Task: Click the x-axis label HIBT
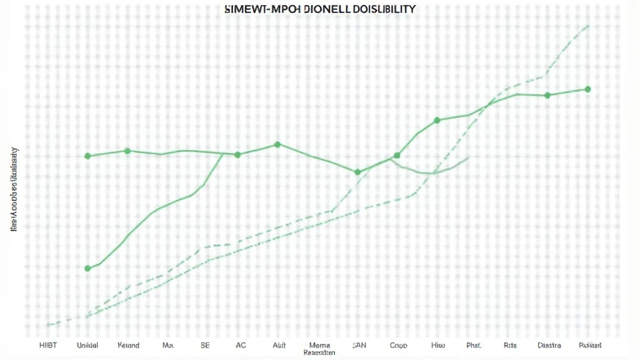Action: [x=47, y=345]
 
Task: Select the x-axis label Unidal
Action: [x=87, y=345]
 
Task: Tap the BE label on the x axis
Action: [x=205, y=345]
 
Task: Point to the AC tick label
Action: [x=241, y=345]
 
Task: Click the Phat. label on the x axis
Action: [x=474, y=345]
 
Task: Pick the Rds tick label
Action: [x=510, y=345]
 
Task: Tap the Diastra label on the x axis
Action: [x=549, y=345]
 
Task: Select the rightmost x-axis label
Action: [x=590, y=345]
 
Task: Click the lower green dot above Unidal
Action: [x=87, y=268]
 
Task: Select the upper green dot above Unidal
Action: [x=87, y=156]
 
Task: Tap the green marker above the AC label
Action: [x=237, y=154]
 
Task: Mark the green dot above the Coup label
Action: [x=396, y=156]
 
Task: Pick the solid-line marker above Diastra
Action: [x=547, y=96]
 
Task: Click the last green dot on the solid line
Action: [x=587, y=89]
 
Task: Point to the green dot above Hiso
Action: [x=437, y=120]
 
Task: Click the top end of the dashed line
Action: [x=588, y=26]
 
